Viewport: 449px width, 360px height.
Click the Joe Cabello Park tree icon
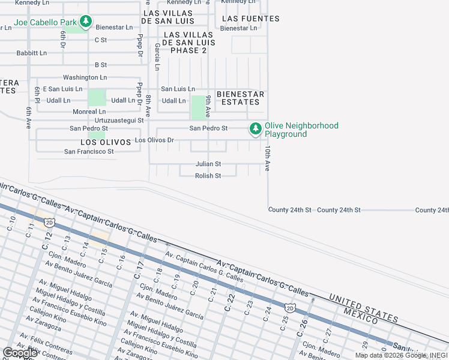[x=86, y=22]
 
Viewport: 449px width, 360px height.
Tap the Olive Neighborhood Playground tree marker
[x=256, y=128]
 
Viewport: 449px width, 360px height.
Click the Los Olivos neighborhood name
[x=106, y=142]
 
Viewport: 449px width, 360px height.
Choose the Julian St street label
[x=208, y=164]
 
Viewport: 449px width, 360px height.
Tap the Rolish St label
[x=208, y=176]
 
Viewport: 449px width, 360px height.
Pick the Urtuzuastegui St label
[x=115, y=120]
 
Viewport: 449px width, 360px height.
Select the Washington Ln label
[x=85, y=77]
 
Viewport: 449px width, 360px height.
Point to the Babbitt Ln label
[x=32, y=53]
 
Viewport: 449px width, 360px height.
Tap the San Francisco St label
[x=89, y=152]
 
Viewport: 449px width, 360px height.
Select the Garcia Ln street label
[x=157, y=56]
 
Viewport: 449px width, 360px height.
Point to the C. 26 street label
[x=303, y=327]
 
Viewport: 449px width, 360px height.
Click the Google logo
[x=20, y=353]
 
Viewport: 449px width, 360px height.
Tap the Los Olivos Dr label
[x=154, y=140]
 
